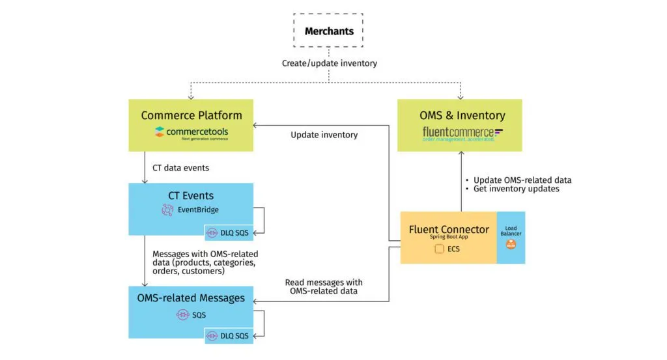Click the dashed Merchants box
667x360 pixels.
click(x=330, y=31)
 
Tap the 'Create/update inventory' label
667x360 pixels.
click(x=329, y=63)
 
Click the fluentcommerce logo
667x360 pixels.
click(x=463, y=133)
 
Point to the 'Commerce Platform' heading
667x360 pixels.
click(x=192, y=115)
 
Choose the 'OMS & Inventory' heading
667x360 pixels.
click(x=462, y=115)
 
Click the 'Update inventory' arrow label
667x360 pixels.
click(x=324, y=135)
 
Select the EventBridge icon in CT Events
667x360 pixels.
click(x=168, y=210)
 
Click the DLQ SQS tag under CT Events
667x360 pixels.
click(x=229, y=232)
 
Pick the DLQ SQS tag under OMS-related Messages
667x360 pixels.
click(x=229, y=336)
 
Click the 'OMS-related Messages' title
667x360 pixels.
click(x=191, y=298)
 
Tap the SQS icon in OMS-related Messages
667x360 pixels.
click(x=182, y=314)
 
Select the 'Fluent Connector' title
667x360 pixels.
click(x=449, y=229)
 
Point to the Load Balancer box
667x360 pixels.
click(x=511, y=237)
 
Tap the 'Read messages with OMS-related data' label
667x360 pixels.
click(x=324, y=287)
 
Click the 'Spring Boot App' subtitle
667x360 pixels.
click(x=449, y=238)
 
